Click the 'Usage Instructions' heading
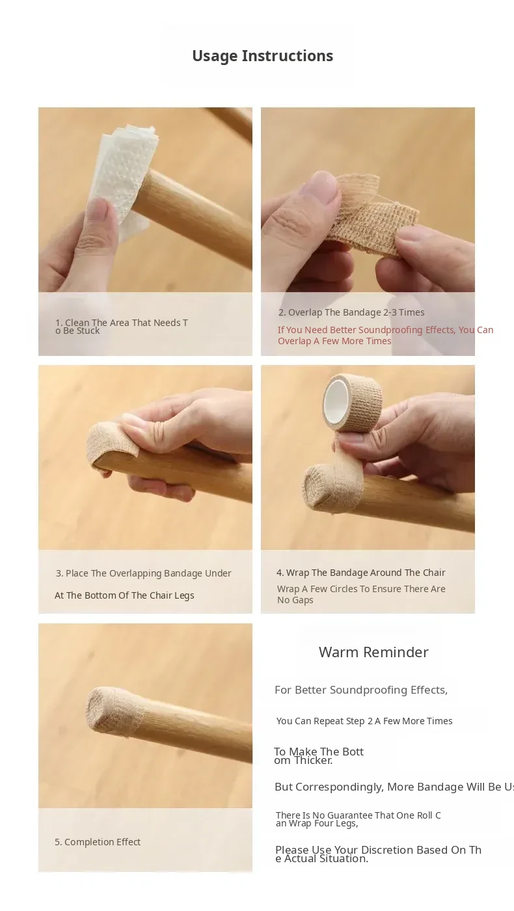click(x=262, y=56)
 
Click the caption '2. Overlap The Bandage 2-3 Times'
click(x=351, y=312)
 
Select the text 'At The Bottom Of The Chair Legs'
click(x=124, y=595)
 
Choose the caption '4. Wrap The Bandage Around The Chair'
click(x=360, y=573)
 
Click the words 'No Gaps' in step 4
click(x=295, y=600)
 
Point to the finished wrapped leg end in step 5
click(x=114, y=708)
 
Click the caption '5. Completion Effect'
click(x=98, y=842)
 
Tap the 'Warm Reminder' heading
click(x=373, y=652)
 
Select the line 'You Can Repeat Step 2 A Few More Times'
click(x=364, y=721)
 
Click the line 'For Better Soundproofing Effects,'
click(x=361, y=690)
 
